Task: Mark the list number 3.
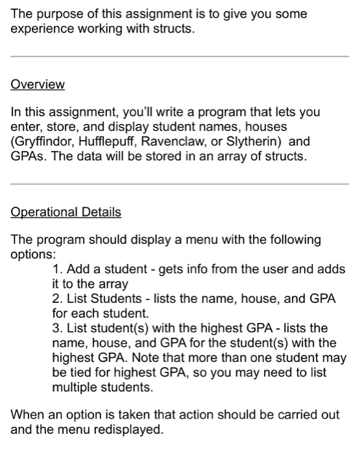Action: (56, 328)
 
